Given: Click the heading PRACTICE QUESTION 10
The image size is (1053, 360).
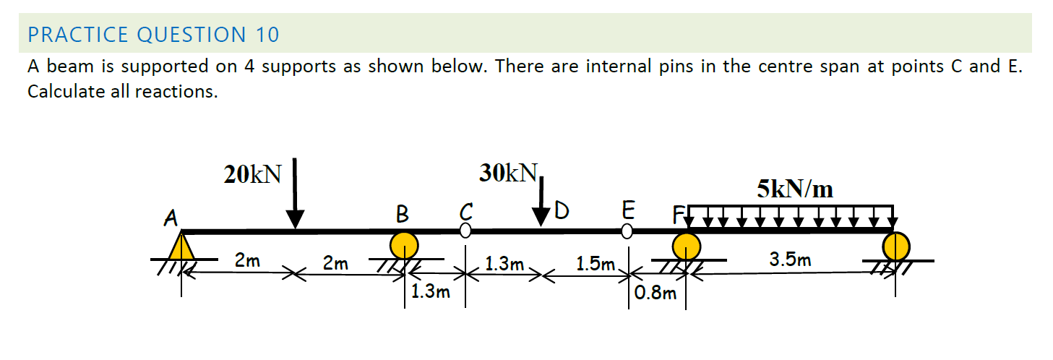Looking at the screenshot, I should pyautogui.click(x=153, y=35).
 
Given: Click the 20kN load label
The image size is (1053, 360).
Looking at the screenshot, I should pyautogui.click(x=252, y=174).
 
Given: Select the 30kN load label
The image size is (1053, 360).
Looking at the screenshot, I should pyautogui.click(x=508, y=172).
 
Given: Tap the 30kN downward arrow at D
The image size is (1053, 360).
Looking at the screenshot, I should pyautogui.click(x=541, y=199).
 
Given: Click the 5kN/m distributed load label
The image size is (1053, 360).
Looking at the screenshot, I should pyautogui.click(x=795, y=189).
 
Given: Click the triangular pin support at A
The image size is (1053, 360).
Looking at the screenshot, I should pyautogui.click(x=182, y=246).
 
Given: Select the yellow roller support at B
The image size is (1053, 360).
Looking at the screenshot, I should pyautogui.click(x=404, y=245).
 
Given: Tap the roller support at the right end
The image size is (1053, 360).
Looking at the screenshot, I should pyautogui.click(x=895, y=247).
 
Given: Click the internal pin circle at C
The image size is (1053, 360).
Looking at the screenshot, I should pyautogui.click(x=465, y=231).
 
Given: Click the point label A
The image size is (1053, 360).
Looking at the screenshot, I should pyautogui.click(x=171, y=217).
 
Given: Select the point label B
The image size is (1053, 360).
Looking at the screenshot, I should pyautogui.click(x=403, y=214).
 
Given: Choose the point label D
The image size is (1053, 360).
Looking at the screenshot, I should pyautogui.click(x=562, y=213).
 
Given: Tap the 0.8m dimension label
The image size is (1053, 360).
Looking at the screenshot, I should pyautogui.click(x=656, y=293).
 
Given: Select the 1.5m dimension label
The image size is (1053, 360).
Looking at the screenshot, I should pyautogui.click(x=596, y=265).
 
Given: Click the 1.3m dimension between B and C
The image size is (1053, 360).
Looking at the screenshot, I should pyautogui.click(x=430, y=293).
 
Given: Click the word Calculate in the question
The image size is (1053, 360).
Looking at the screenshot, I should pyautogui.click(x=63, y=93).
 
